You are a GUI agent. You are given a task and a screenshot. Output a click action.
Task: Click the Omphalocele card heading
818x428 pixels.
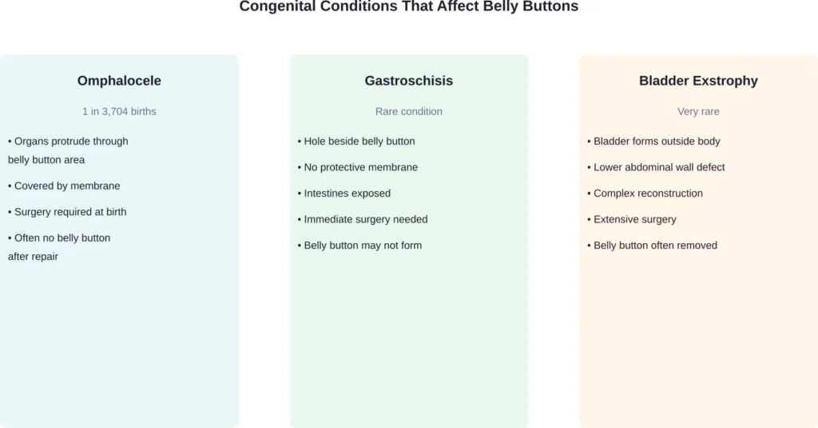tap(119, 81)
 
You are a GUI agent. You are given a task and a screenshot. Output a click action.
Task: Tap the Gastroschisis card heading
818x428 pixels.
tap(408, 81)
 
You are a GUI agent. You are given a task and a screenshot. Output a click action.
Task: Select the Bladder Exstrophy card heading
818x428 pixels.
tap(698, 81)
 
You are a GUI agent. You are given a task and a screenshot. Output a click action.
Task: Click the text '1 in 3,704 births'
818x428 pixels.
tap(119, 111)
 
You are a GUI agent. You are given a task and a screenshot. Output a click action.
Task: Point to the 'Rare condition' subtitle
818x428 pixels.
tap(408, 111)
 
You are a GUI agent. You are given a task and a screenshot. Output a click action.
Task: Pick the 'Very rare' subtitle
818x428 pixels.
tap(698, 111)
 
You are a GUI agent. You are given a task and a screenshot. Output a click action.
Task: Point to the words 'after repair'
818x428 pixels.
tap(33, 257)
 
